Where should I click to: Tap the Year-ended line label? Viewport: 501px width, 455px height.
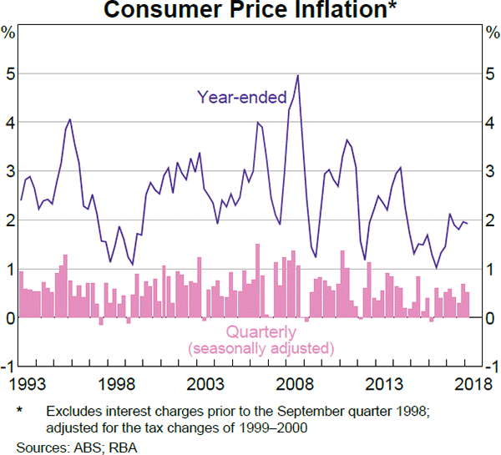coord(242,96)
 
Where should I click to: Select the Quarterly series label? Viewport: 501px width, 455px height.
coord(261,331)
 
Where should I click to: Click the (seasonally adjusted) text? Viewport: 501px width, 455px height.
coord(261,346)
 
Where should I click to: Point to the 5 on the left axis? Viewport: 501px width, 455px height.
coord(9,74)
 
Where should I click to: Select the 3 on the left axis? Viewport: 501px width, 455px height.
coord(9,172)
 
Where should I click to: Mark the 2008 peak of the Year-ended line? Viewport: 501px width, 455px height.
coord(298,76)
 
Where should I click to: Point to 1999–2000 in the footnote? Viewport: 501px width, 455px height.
coord(271,428)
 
